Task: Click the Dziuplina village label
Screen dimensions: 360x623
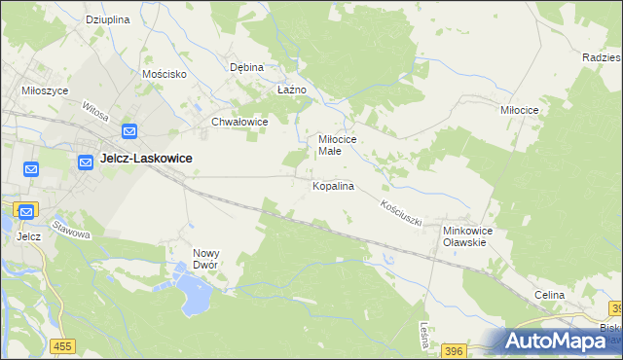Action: (108, 19)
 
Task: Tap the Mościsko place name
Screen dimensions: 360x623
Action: (164, 74)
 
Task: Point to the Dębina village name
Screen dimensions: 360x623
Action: (247, 68)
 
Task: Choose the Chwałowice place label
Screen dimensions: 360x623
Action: (239, 123)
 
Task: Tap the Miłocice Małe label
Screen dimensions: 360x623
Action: (339, 146)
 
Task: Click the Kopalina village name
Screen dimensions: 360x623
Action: (333, 185)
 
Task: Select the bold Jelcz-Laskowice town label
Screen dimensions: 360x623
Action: (146, 158)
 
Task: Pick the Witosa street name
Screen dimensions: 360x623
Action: (95, 112)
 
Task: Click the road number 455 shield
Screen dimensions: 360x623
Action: (64, 346)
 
